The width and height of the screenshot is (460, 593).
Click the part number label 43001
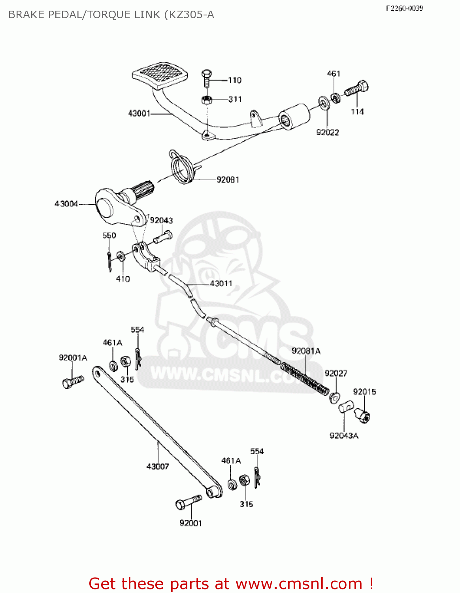click(139, 113)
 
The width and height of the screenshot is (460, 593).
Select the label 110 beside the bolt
click(235, 80)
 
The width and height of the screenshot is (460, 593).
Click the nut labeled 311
click(207, 100)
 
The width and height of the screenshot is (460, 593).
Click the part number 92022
click(327, 132)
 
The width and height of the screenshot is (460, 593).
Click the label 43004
click(66, 204)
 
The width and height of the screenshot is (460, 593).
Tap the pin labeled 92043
click(162, 238)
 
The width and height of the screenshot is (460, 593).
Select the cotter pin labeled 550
click(109, 261)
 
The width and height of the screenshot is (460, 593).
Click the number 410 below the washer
click(123, 279)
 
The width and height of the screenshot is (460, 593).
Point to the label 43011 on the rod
click(221, 283)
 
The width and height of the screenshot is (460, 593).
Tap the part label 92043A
click(344, 436)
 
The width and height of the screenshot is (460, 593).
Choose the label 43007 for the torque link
click(157, 466)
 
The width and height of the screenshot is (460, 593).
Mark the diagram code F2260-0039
click(404, 8)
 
